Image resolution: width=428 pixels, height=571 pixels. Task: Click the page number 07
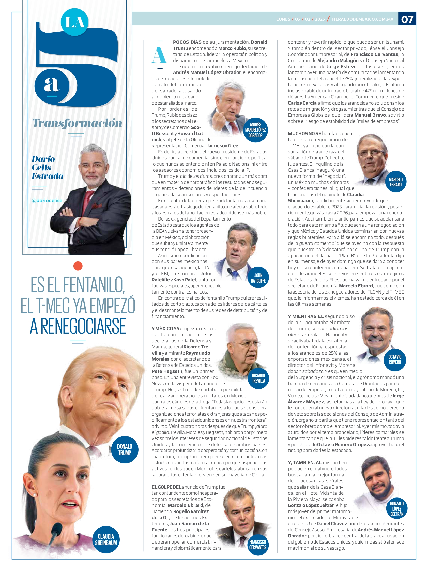(407, 19)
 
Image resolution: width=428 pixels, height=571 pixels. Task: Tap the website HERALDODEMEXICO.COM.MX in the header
(362, 19)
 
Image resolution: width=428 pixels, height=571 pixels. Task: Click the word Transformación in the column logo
(77, 123)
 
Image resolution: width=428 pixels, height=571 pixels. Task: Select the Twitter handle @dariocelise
(47, 201)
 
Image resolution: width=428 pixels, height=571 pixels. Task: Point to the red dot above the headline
(78, 266)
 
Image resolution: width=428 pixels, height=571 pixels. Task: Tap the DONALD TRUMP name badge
(125, 449)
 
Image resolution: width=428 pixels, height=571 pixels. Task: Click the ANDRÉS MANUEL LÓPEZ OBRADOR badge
(255, 130)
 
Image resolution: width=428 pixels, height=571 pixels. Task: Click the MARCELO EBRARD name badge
(395, 182)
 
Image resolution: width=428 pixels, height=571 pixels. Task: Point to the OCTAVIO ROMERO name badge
(395, 359)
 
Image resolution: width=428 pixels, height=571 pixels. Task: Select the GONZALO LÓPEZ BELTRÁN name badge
(396, 508)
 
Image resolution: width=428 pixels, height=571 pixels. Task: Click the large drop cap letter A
(159, 55)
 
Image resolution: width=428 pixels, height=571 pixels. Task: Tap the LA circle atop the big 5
(74, 22)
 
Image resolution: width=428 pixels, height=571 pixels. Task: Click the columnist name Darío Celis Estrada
(47, 167)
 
